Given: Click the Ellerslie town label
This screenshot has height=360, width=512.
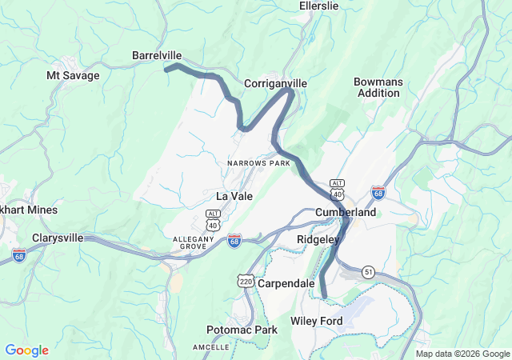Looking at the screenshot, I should click(x=318, y=6).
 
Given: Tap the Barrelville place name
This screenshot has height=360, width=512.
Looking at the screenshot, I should click(x=157, y=55).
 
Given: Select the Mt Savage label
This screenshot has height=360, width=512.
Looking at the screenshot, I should click(x=73, y=75).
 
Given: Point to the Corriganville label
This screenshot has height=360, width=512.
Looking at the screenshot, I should click(x=275, y=83).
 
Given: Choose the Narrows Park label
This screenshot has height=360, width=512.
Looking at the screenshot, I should click(x=258, y=163).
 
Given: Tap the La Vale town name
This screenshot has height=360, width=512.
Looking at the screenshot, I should click(x=234, y=195).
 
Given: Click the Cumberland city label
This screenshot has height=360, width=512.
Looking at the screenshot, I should click(x=346, y=213).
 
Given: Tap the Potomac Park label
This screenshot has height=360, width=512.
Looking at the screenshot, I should click(x=242, y=330).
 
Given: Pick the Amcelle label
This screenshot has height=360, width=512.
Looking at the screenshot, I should click(x=211, y=346).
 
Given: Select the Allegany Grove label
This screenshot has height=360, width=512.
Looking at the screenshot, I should click(x=196, y=242).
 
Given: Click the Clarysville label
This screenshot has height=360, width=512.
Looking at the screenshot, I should click(x=69, y=238).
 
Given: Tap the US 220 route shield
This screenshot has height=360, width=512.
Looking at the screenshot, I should click(x=246, y=281).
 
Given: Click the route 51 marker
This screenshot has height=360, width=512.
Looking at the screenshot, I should click(x=369, y=272).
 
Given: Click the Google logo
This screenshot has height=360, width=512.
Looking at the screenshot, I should click(x=27, y=350).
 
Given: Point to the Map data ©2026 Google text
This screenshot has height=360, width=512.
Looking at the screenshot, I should click(x=462, y=354).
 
